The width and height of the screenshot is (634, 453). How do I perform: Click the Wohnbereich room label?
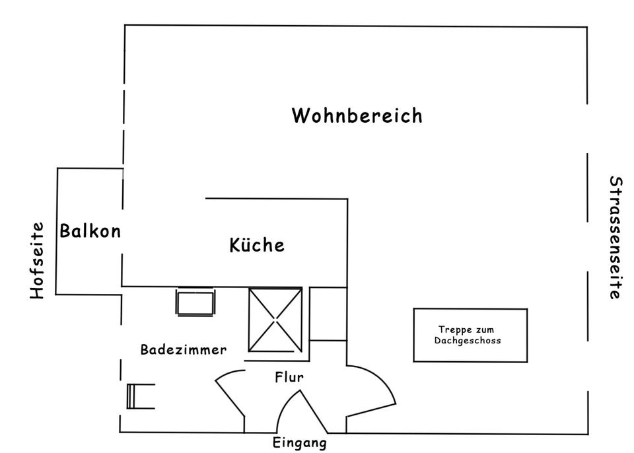coord(357,116)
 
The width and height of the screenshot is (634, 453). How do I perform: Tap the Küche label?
coord(257,245)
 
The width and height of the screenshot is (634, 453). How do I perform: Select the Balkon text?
coord(90,231)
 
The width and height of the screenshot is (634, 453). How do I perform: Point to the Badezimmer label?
coord(183,350)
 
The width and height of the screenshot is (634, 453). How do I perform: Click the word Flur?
coord(289,378)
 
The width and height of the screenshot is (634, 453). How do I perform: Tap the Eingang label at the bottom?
coord(299,442)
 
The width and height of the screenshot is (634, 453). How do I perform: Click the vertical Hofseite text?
coord(38,260)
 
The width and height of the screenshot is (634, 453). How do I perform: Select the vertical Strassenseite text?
coord(614,238)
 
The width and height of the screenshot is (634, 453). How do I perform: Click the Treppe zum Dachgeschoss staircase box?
coord(470,335)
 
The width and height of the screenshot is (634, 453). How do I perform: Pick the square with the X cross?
coord(275,320)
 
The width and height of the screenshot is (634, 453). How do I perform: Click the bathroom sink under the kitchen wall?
coord(195,302)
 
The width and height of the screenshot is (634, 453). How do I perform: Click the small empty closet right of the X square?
coord(328,314)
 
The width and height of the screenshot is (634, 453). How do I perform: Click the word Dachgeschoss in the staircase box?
coord(468,341)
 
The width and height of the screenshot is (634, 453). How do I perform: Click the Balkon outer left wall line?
coord(57,231)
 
